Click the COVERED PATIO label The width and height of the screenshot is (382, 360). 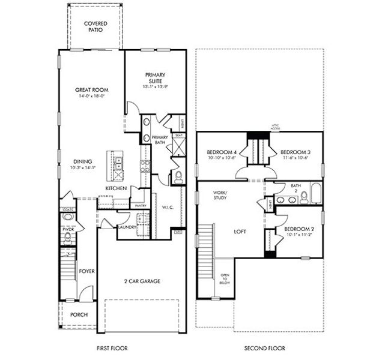[96, 26]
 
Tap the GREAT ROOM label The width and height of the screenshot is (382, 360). [91, 89]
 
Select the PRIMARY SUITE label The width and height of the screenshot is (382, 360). [154, 78]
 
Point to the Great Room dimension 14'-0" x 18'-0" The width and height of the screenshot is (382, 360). [91, 96]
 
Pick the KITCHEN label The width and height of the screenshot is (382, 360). [116, 189]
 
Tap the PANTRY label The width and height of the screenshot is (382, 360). [141, 206]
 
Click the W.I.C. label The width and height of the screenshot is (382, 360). [168, 208]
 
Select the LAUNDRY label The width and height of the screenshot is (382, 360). [126, 227]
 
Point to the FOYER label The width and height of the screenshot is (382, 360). [87, 271]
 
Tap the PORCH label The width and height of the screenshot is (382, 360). [78, 314]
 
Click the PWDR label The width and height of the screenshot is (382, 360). [67, 229]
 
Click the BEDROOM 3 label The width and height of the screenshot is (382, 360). [294, 152]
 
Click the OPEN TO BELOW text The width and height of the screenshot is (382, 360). [223, 279]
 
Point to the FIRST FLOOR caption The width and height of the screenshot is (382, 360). [112, 348]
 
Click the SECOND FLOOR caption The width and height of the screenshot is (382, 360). [264, 348]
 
